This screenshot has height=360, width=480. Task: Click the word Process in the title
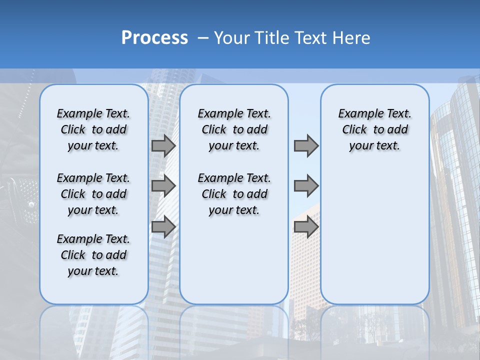[154, 38]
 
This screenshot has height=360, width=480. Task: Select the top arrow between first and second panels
[163, 145]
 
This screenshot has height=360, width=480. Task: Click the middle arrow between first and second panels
[163, 186]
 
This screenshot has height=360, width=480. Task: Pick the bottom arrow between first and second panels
[163, 227]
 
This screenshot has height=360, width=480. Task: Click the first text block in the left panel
[93, 129]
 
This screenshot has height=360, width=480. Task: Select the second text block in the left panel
[93, 194]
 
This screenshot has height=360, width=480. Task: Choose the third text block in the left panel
[93, 255]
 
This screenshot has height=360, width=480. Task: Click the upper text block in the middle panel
[234, 129]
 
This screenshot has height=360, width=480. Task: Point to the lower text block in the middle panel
[234, 194]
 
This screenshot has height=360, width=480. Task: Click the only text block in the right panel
[374, 129]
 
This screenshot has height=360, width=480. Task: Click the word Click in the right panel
[354, 130]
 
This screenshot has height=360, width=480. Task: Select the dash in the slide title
[203, 38]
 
